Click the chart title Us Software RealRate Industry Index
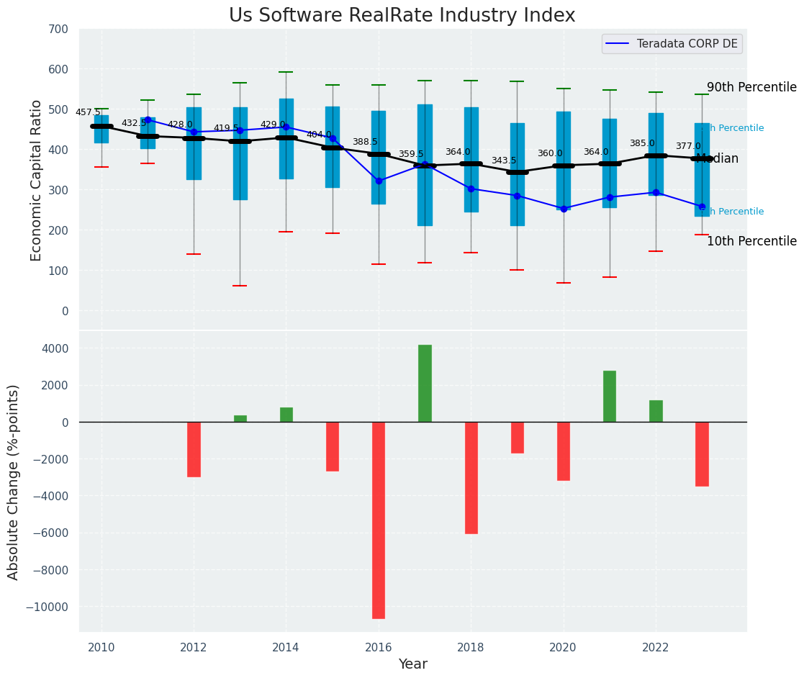point(402,16)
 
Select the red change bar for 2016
point(379,520)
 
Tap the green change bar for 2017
point(425,383)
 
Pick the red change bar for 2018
point(471,477)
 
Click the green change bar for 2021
point(610,396)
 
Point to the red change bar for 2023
point(702,453)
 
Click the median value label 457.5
point(88,112)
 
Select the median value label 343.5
point(504,161)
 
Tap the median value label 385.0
point(642,144)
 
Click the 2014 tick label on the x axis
point(286,647)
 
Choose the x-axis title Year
point(413,664)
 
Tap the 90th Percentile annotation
point(751,88)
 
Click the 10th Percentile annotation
point(751,242)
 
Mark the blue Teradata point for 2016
point(379,181)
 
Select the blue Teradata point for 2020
point(564,209)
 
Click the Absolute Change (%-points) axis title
point(14,482)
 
